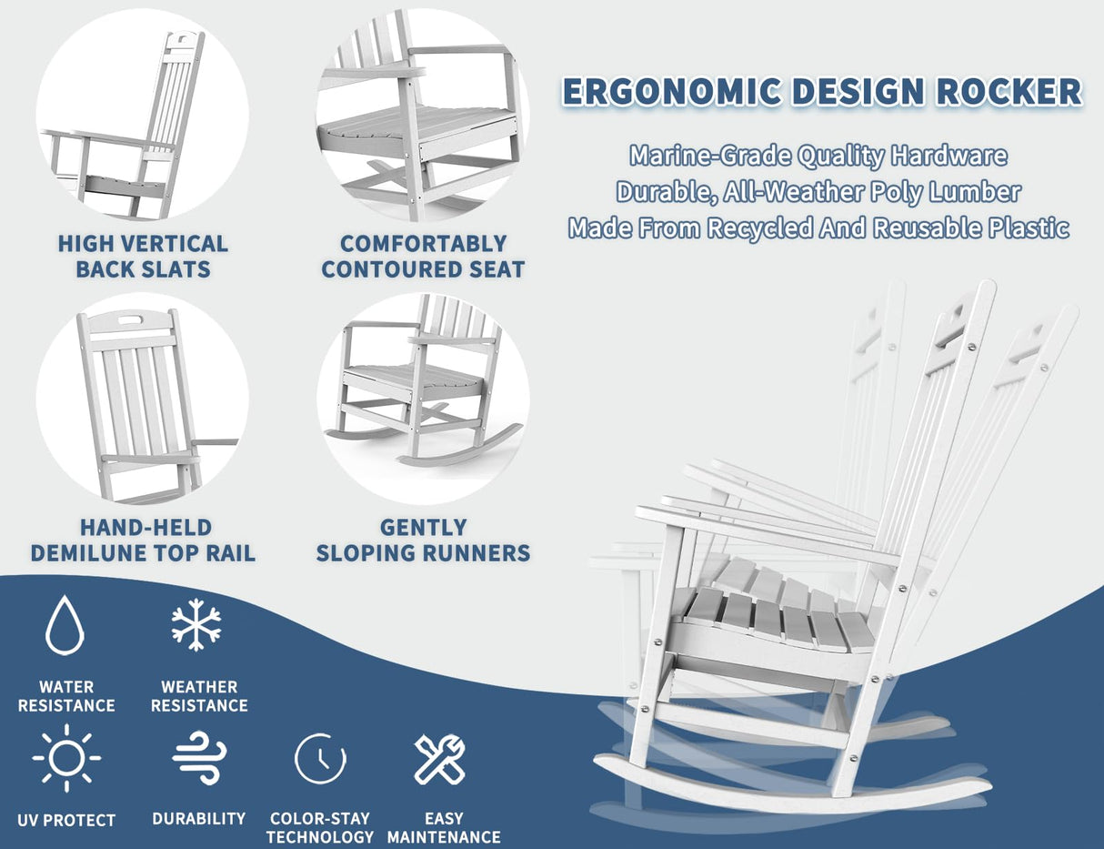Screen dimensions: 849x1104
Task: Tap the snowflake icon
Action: coord(196,625)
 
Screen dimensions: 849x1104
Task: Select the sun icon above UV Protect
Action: coord(66,757)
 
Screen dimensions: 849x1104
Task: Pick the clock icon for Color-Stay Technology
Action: coord(320,758)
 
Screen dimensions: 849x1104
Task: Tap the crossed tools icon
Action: coord(441,759)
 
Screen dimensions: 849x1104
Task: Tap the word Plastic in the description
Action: coord(1028,228)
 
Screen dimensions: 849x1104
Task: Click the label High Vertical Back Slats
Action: coord(143,257)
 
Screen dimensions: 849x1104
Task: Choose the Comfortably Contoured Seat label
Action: coord(423,257)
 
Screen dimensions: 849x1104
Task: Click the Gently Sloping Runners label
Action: coord(423,540)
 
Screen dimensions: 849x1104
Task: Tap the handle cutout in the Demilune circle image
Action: coord(133,321)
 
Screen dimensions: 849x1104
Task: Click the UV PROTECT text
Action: coord(66,820)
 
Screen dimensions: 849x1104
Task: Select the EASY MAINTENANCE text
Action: coord(444,827)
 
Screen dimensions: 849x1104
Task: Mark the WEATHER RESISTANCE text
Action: coord(199,696)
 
